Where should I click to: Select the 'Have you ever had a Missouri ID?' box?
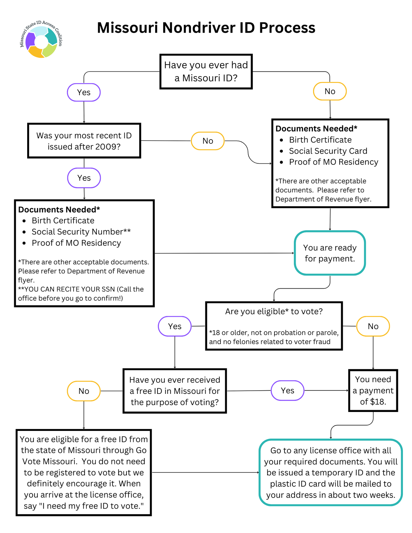206,72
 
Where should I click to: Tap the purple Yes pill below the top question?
84,92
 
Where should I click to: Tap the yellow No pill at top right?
330,91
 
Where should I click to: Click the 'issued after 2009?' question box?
84,141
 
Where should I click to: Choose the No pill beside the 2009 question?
208,141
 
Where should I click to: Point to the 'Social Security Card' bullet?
328,151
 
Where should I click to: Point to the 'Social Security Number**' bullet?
81,232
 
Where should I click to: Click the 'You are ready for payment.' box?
330,253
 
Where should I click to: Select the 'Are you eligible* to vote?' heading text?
274,312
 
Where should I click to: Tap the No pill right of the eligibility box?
373,326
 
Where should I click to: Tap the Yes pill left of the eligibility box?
175,326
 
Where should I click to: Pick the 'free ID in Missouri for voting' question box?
175,391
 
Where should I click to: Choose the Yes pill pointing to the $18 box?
287,391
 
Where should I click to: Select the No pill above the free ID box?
84,391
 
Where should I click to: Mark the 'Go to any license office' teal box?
331,472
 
